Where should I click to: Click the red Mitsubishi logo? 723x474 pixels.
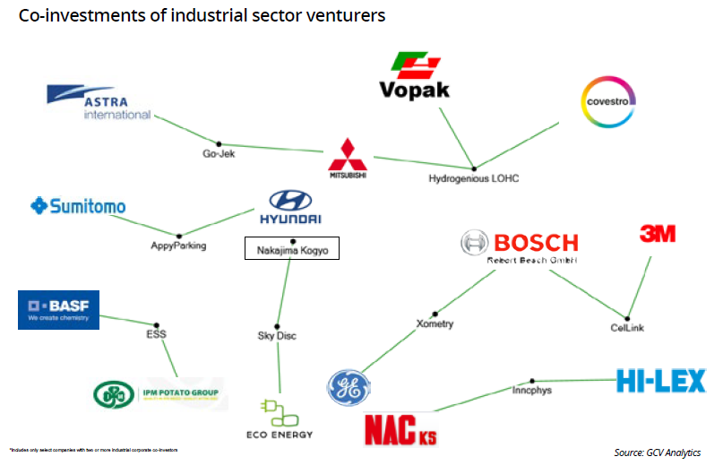click(x=348, y=157)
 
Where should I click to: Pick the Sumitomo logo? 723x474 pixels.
click(x=78, y=207)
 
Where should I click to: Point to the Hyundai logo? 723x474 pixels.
click(x=289, y=208)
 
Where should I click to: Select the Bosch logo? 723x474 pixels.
click(x=520, y=246)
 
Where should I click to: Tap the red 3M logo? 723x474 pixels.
click(x=657, y=234)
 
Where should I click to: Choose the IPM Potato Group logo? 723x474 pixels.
click(x=159, y=394)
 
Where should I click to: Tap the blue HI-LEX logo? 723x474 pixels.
click(x=660, y=381)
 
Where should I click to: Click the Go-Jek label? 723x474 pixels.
click(x=219, y=154)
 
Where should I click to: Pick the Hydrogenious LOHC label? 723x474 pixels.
click(x=474, y=178)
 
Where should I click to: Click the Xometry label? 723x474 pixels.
click(x=435, y=323)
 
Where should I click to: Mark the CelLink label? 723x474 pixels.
click(x=616, y=328)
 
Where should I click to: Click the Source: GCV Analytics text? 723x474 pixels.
click(x=657, y=452)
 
